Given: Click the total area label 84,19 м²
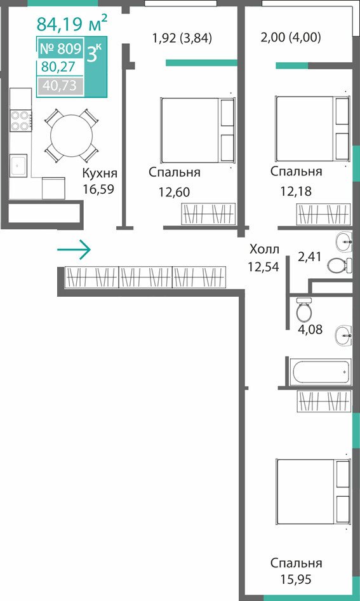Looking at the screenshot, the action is [x=72, y=23].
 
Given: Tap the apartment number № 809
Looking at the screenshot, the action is [x=60, y=49].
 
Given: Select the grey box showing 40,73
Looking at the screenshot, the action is [x=60, y=86].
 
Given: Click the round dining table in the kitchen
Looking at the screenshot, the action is [x=71, y=135].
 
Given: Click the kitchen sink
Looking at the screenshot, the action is [x=18, y=166].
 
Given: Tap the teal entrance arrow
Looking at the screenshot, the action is [x=74, y=250].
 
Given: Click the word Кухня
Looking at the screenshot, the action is [x=100, y=173].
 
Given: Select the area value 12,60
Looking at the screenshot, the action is [x=174, y=192].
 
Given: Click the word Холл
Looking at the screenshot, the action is [x=264, y=250].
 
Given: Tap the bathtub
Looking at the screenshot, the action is [x=320, y=372].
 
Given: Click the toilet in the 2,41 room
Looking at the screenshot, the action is [x=340, y=265].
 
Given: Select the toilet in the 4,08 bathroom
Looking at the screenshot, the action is [x=304, y=310].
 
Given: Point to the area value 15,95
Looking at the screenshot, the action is [x=296, y=579].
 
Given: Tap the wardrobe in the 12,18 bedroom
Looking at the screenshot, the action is [x=323, y=214].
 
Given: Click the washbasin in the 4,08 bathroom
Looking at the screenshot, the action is [x=343, y=335].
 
